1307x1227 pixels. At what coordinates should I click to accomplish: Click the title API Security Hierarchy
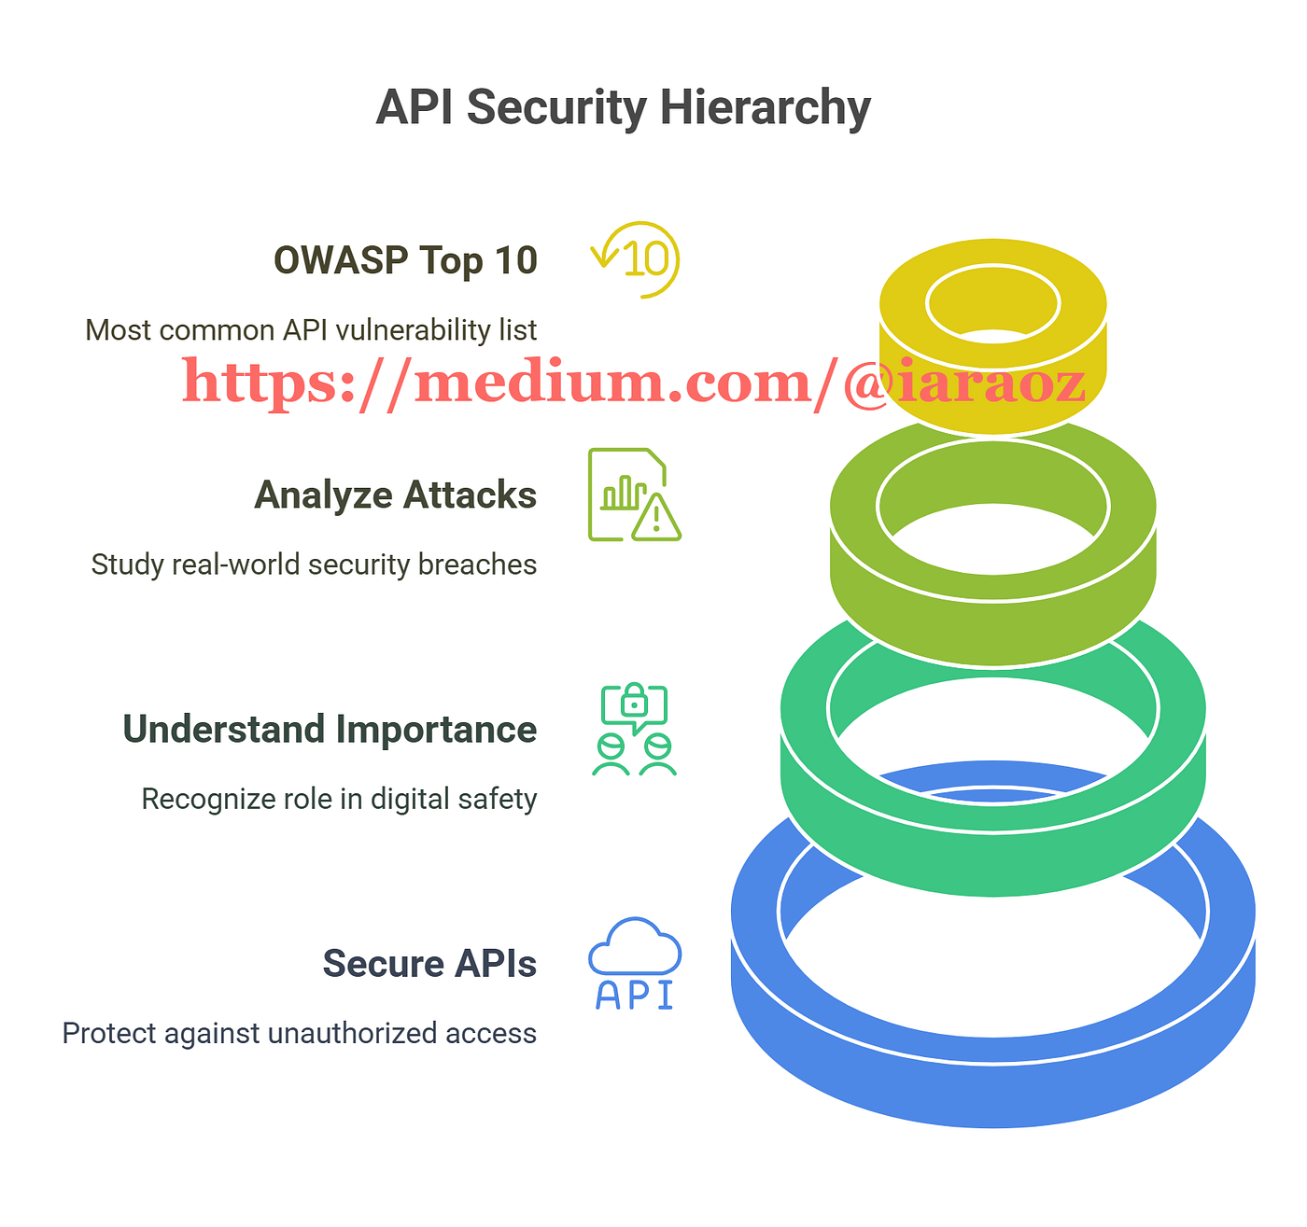[623, 107]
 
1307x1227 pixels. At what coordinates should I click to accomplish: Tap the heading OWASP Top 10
[405, 260]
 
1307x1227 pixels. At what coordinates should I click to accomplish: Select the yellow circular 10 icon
[636, 259]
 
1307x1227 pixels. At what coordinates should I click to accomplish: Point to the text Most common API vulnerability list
[311, 329]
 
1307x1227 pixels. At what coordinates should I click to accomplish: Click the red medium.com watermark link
[634, 383]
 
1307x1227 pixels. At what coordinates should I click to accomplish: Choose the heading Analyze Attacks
[396, 495]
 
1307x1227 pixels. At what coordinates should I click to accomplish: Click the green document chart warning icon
[635, 495]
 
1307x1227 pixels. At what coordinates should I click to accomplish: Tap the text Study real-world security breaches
[314, 564]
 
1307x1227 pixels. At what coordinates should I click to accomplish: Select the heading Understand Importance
[330, 729]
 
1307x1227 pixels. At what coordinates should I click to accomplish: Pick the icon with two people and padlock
[635, 729]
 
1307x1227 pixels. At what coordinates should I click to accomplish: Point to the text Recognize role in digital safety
[340, 799]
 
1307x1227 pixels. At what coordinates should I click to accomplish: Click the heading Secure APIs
[429, 963]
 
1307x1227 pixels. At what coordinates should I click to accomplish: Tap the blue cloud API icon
[635, 963]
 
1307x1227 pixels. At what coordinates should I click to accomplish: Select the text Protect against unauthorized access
[300, 1033]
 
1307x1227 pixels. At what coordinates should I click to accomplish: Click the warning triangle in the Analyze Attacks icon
[656, 519]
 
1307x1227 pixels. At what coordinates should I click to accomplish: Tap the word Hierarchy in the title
[766, 107]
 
